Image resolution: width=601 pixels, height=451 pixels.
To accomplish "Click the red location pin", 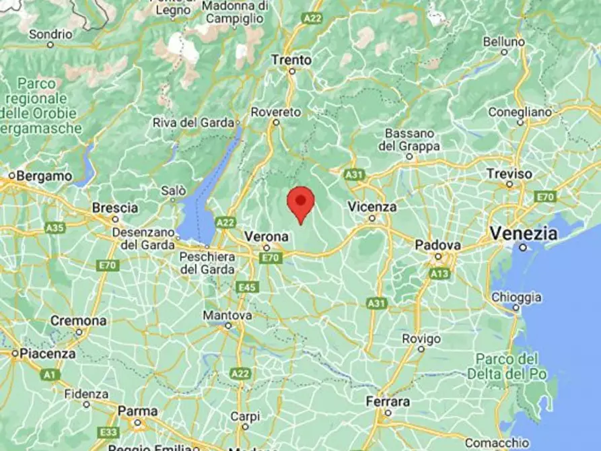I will point(301,202).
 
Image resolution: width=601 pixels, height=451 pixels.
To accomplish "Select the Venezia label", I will point(524,234).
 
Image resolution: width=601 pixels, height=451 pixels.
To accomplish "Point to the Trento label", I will point(291,60).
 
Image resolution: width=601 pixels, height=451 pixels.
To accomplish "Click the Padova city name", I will point(437,245).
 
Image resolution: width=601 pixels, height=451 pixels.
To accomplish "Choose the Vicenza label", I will point(372,207).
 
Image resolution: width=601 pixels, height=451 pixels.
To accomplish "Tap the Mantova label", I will point(227,315).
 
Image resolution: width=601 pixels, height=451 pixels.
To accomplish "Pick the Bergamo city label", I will point(44,176).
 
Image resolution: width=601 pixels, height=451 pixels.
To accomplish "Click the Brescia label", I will point(114,207).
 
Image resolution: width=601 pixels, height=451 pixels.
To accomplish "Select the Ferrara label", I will point(388,402).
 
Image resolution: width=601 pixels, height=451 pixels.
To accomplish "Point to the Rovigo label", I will point(421,339).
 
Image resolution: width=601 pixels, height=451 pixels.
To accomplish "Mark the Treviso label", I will point(509,174).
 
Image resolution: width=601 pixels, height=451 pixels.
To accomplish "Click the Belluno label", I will point(503,42).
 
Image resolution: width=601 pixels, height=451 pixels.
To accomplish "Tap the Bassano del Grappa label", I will point(409,139).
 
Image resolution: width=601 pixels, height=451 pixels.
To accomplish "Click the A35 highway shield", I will point(55,228).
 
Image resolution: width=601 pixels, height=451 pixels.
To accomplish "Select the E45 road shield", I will point(248,287).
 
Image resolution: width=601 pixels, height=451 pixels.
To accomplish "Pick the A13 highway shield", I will point(439,273).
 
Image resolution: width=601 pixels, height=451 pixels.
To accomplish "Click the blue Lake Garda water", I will point(202,202).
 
